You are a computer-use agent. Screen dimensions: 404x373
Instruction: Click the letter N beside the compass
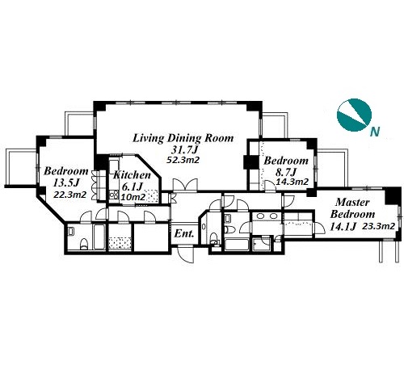(x=375, y=132)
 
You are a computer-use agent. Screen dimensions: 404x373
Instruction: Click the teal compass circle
(x=354, y=115)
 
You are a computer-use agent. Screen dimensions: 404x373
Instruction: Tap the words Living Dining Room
(x=183, y=138)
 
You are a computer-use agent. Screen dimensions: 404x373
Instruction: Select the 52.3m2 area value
(x=183, y=160)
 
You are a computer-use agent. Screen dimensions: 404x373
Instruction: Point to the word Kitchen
(x=132, y=175)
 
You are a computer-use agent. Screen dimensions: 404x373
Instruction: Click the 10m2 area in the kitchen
(x=133, y=197)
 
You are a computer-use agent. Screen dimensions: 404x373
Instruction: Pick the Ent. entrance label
(x=184, y=233)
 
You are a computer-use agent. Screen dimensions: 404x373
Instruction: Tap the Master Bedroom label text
(x=352, y=208)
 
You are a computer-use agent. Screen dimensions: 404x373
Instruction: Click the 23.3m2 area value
(x=378, y=226)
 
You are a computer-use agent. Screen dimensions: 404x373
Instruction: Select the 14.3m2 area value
(x=292, y=182)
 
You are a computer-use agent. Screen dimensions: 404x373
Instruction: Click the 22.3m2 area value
(x=70, y=195)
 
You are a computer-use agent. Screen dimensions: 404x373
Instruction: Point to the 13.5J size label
(x=65, y=182)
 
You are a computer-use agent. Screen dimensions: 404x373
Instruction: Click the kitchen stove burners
(x=114, y=195)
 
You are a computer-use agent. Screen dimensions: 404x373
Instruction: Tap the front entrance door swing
(x=186, y=254)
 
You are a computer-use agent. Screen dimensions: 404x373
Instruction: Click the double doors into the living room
(x=185, y=185)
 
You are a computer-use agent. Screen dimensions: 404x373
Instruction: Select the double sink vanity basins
(x=267, y=216)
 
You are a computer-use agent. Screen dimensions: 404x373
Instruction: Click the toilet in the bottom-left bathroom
(x=84, y=244)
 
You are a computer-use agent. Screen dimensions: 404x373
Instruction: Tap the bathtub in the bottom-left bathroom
(x=99, y=237)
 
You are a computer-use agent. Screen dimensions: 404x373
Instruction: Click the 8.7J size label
(x=286, y=171)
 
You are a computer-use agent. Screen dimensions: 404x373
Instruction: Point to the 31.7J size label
(x=183, y=149)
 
